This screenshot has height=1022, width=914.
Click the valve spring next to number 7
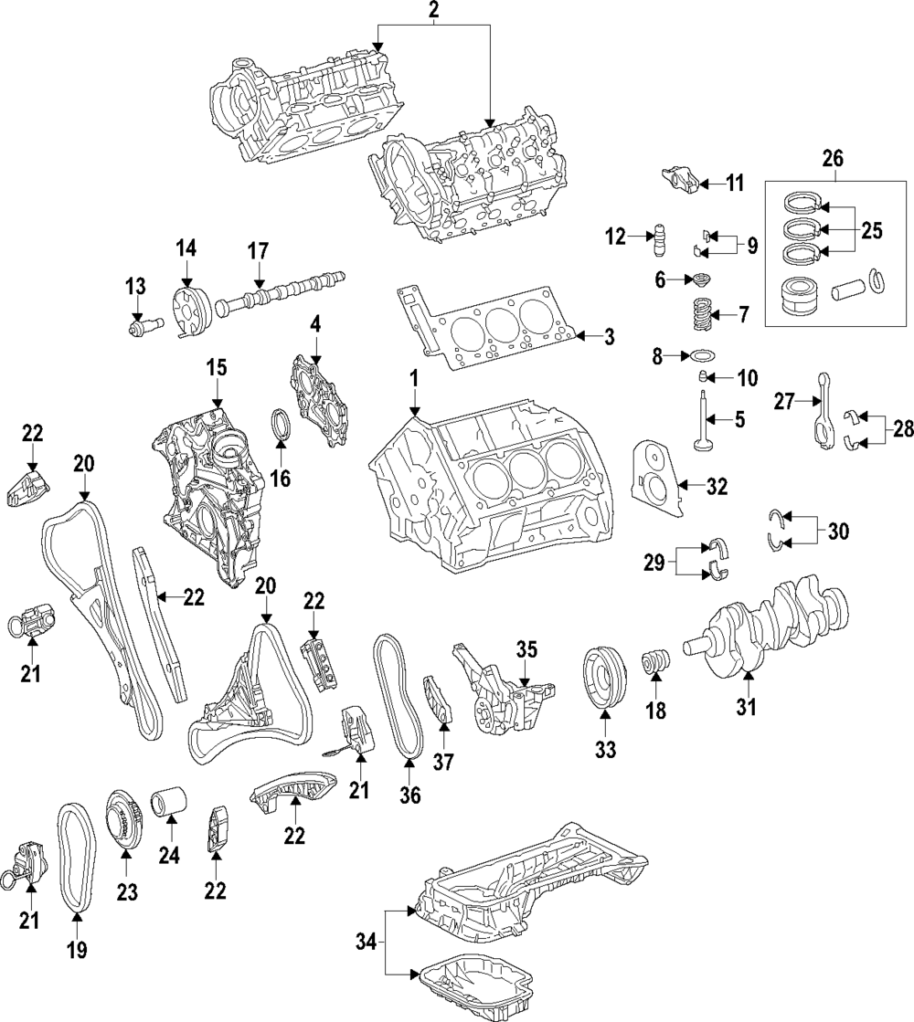tap(699, 315)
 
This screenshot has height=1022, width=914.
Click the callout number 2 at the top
tap(434, 11)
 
